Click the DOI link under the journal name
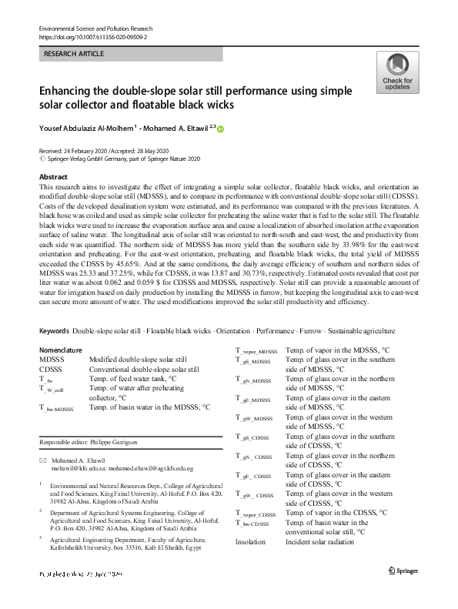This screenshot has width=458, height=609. (x=92, y=36)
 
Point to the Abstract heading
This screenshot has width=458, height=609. (x=53, y=177)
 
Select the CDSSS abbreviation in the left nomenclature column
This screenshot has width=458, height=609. (x=52, y=370)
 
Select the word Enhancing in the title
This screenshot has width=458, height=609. (x=73, y=90)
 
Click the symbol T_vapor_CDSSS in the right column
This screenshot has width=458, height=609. (x=256, y=514)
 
